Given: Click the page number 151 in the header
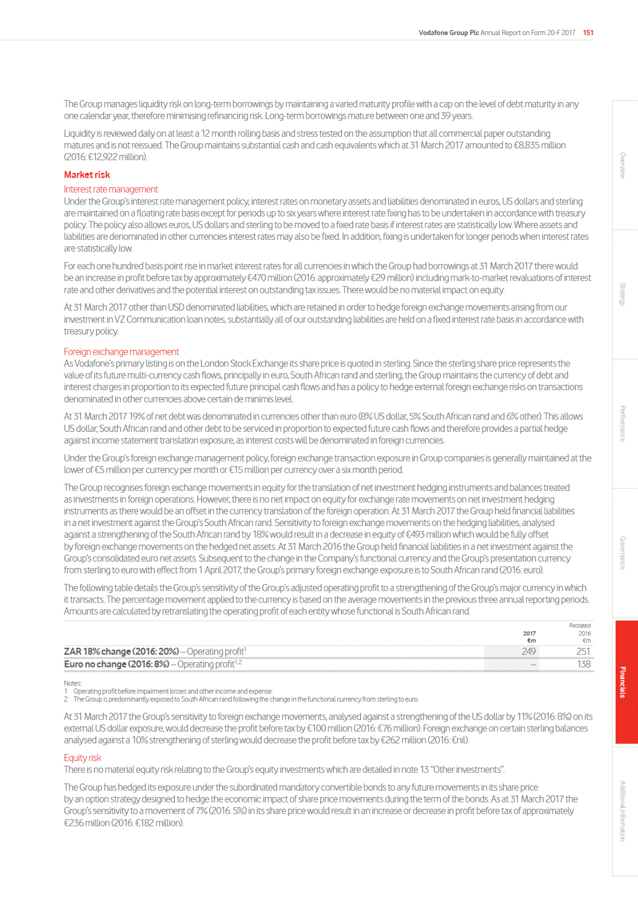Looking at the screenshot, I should (x=588, y=32).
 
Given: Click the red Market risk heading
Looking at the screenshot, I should (x=87, y=174).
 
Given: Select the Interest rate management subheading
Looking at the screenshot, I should (x=111, y=189).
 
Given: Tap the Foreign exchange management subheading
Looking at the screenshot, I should (x=121, y=352).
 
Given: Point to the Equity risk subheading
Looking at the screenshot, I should (x=82, y=758).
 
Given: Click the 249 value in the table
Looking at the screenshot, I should (x=528, y=652).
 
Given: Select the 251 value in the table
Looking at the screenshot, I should (x=583, y=652).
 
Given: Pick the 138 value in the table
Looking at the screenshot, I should (x=584, y=664).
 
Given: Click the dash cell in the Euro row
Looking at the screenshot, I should (x=533, y=664).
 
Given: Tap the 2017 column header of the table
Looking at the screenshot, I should (x=530, y=633).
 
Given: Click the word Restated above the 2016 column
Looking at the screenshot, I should (x=580, y=625).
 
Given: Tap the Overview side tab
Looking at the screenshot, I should (x=623, y=165).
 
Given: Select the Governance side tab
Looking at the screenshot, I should (x=623, y=553).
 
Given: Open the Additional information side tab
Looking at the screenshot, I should (x=623, y=811).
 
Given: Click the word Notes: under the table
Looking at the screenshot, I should (x=73, y=683).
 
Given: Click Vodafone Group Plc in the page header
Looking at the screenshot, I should (x=448, y=32).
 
